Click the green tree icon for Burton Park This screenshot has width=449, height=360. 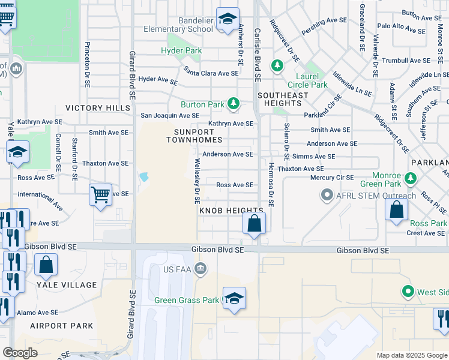[x=233, y=104]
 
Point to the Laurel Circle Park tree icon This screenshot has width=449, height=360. [x=277, y=65]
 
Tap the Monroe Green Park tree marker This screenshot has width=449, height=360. [x=411, y=178]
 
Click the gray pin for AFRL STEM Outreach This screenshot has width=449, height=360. [x=327, y=195]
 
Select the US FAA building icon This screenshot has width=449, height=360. [x=202, y=270]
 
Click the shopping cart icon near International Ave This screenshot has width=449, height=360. [x=100, y=194]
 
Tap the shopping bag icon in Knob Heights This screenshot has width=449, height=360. [x=255, y=223]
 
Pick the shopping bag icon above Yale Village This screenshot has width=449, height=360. [x=46, y=264]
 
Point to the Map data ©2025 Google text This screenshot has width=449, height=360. [x=411, y=355]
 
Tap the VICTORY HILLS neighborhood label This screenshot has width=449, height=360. [x=97, y=108]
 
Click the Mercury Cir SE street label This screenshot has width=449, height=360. [x=332, y=178]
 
